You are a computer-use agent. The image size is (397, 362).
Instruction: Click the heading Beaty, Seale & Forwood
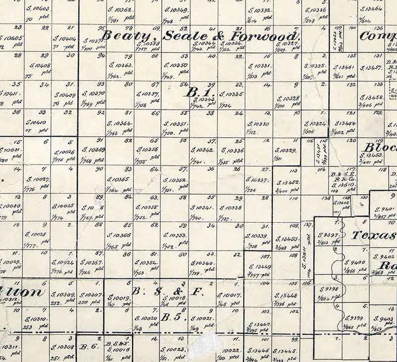click(x=201, y=36)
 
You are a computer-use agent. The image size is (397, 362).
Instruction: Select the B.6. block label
click(x=89, y=347)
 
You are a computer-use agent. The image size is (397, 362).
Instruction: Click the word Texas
click(x=374, y=235)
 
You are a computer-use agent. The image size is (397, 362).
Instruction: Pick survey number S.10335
click(x=231, y=94)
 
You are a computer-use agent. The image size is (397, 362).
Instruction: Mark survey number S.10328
click(x=288, y=99)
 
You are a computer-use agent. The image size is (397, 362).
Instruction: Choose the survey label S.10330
click(x=259, y=124)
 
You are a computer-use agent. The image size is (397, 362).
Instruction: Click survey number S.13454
click(x=345, y=123)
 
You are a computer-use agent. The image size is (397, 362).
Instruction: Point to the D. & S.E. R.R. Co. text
click(x=345, y=179)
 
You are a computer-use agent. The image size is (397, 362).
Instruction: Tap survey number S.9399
click(x=354, y=318)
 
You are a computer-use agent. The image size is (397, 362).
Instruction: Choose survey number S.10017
click(x=229, y=296)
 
